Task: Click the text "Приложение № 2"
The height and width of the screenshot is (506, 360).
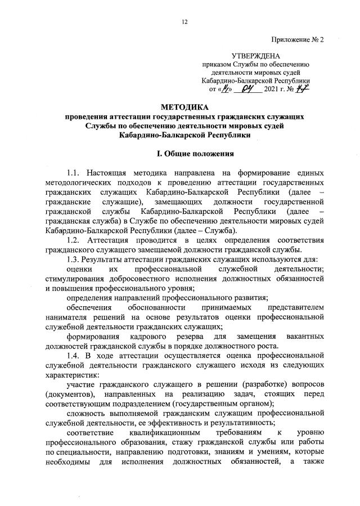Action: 298,39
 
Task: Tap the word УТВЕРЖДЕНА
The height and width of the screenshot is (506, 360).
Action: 257,56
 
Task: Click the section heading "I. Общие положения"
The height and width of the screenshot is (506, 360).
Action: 183,153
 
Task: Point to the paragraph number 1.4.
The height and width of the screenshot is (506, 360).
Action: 75,342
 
